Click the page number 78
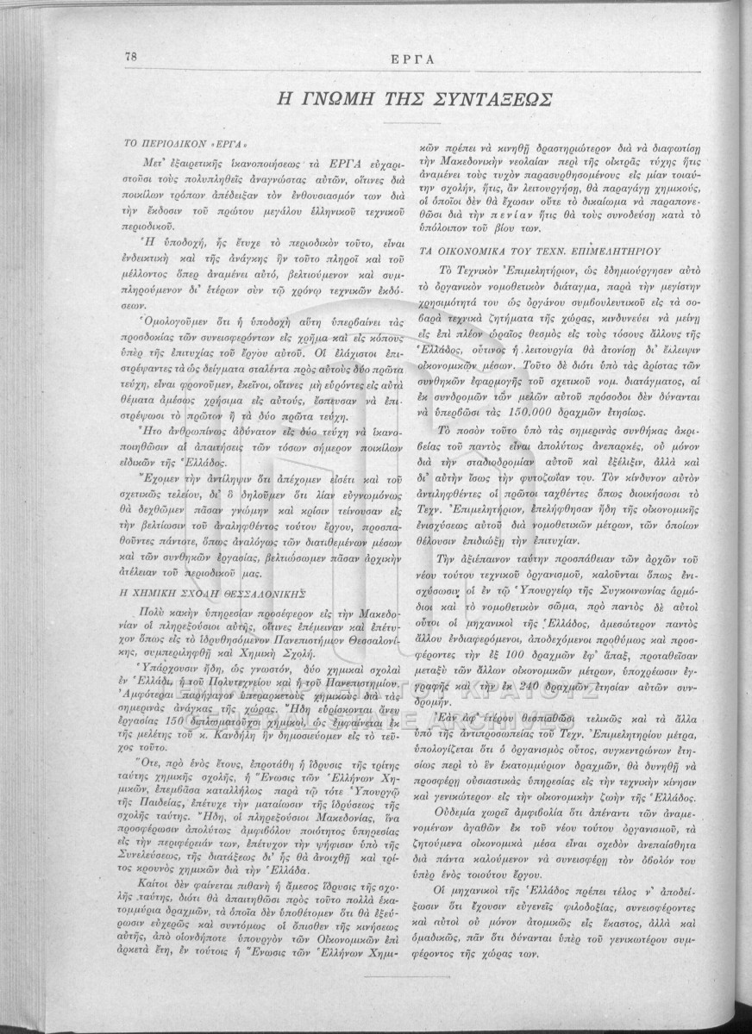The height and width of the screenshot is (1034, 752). click(132, 56)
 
